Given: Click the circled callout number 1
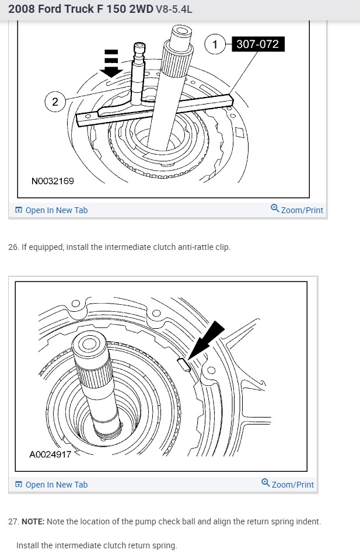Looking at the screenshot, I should coord(215,44).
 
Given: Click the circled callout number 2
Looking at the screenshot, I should coord(55,102).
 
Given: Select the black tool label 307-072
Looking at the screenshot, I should coord(257,44).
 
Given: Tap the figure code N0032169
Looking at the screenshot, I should coord(53,181).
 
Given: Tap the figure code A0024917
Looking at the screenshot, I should coord(50,453).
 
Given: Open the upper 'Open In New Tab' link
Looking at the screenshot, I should coord(57,210).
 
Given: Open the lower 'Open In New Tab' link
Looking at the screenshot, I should coord(57,485).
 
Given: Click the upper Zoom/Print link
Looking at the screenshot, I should coord(302,210).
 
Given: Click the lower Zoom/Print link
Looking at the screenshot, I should coord(292,485).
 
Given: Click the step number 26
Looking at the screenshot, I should coord(13,247).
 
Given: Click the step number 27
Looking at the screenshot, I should coord(13,521).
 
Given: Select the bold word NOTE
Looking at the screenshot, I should coord(33,521).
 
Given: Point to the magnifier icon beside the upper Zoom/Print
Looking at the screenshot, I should coord(275,208).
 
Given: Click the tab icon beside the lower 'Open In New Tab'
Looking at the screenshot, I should coord(19,485).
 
